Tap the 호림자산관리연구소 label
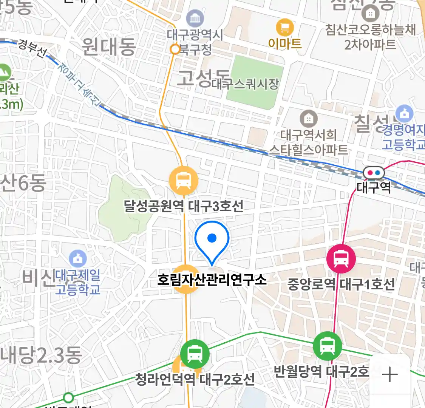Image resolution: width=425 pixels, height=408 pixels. [212, 280]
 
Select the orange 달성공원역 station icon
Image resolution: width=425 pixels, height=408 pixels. [184, 180]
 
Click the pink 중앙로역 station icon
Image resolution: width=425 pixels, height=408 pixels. [341, 259]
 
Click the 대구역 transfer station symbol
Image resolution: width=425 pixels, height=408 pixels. [374, 173]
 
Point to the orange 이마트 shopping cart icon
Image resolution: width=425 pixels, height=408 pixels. [285, 28]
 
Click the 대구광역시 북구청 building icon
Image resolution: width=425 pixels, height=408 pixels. [195, 18]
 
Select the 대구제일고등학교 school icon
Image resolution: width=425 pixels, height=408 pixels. [78, 259]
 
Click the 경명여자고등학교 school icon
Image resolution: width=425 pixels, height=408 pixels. [405, 114]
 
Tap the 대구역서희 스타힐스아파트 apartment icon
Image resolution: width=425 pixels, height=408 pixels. [309, 119]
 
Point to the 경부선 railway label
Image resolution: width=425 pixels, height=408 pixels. [32, 48]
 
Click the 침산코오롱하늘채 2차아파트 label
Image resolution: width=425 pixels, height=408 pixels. [370, 37]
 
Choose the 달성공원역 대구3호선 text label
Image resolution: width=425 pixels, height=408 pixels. [184, 206]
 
